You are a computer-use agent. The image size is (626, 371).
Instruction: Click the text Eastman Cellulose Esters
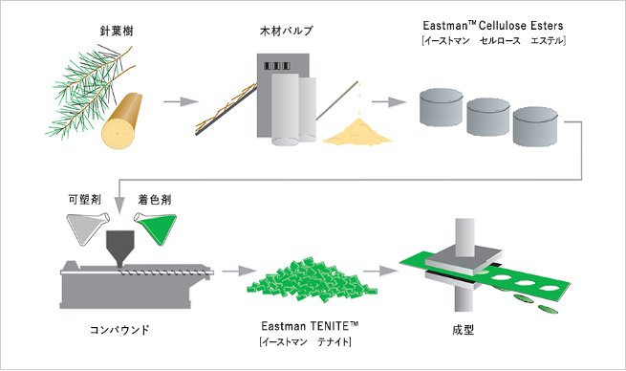[x=492, y=25]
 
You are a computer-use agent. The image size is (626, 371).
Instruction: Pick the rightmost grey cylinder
[x=536, y=127]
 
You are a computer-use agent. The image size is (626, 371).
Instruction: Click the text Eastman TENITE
[x=310, y=327]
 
